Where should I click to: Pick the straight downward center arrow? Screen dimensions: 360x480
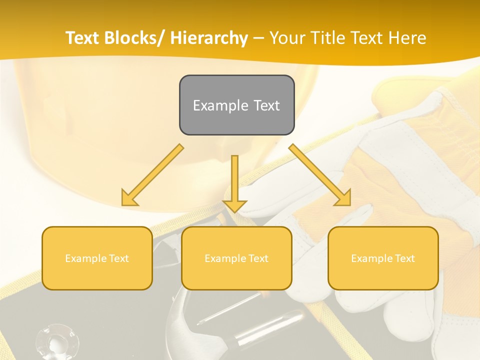[x=234, y=180]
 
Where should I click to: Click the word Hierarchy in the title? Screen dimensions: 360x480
[x=209, y=38]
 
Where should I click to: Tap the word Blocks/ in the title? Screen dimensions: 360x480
[x=135, y=38]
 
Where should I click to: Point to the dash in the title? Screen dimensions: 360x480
[x=258, y=38]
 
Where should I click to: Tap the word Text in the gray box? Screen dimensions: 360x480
[x=266, y=105]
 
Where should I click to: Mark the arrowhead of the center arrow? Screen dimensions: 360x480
[x=234, y=205]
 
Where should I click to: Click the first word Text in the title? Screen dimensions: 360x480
[x=82, y=38]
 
